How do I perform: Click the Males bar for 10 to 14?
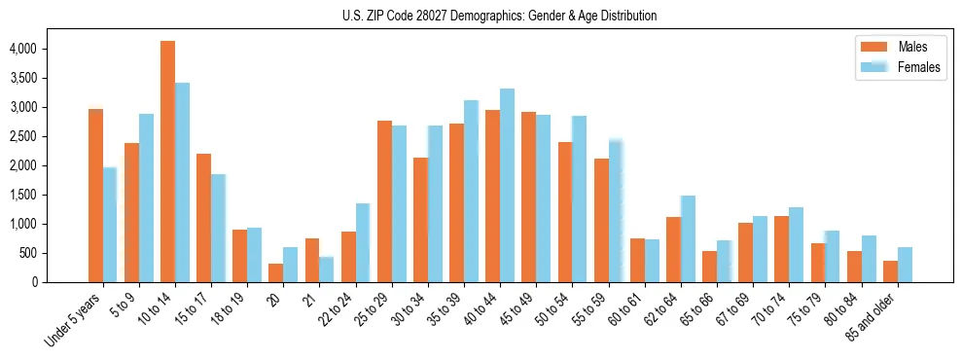point(167,162)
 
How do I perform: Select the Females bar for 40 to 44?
point(507,186)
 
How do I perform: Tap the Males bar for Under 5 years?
point(95,196)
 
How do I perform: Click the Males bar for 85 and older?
point(890,271)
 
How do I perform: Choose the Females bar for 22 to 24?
point(363,243)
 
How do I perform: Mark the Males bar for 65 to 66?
point(709,267)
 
